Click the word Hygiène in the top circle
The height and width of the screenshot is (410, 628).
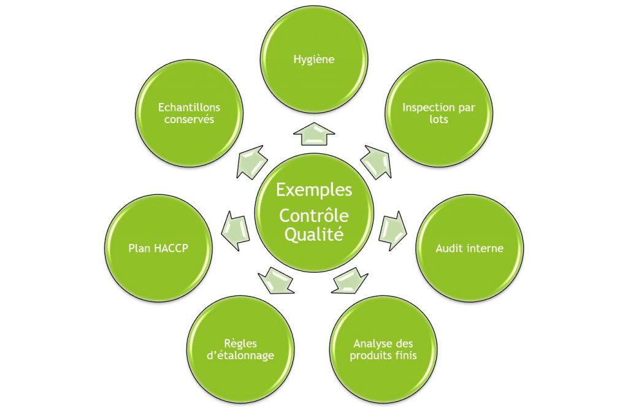pos(313,60)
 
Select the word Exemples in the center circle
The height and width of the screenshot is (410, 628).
pos(314,190)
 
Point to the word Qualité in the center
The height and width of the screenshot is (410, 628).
pos(314,234)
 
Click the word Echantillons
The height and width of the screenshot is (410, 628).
pos(189,107)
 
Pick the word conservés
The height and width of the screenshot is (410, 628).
pos(189,120)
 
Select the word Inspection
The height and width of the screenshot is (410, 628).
pos(426,108)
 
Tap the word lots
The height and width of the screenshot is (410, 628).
pos(438,120)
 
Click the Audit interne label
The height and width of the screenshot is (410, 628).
pos(469,248)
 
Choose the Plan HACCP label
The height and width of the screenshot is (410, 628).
pos(158,248)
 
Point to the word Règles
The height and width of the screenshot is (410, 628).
pos(240,344)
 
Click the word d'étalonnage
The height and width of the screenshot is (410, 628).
pos(240,355)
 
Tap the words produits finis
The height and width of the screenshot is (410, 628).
pos(383,355)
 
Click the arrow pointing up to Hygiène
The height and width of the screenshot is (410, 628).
pos(314,134)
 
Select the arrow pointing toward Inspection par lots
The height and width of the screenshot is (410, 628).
pos(377,162)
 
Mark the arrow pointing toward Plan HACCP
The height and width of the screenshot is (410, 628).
pos(236,230)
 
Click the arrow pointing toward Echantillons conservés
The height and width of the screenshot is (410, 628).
pos(252,162)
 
